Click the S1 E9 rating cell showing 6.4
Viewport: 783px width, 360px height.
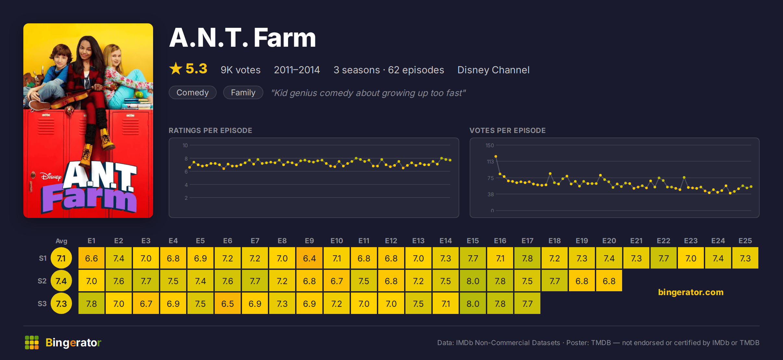click(309, 258)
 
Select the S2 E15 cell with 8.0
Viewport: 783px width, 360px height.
click(473, 281)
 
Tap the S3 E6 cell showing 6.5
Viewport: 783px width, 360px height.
click(228, 304)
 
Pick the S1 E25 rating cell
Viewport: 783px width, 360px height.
click(745, 258)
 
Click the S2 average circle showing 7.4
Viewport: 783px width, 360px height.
click(61, 281)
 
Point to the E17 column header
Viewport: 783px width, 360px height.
click(527, 241)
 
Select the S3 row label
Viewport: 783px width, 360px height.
click(42, 304)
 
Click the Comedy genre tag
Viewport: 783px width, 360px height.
click(193, 92)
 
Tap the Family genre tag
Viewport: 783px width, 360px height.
click(243, 92)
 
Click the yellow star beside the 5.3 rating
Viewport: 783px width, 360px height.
click(176, 68)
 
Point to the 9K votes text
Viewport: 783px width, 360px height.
click(241, 70)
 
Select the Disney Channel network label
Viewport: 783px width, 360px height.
click(493, 70)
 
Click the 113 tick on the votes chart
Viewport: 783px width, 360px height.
click(490, 162)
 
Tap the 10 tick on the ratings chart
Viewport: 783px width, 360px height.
click(185, 145)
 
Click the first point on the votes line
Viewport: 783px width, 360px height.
click(496, 157)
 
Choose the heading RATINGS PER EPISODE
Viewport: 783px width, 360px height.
click(211, 130)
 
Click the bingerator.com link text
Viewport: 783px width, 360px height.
click(691, 292)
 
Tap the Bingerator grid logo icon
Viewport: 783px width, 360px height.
click(32, 342)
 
